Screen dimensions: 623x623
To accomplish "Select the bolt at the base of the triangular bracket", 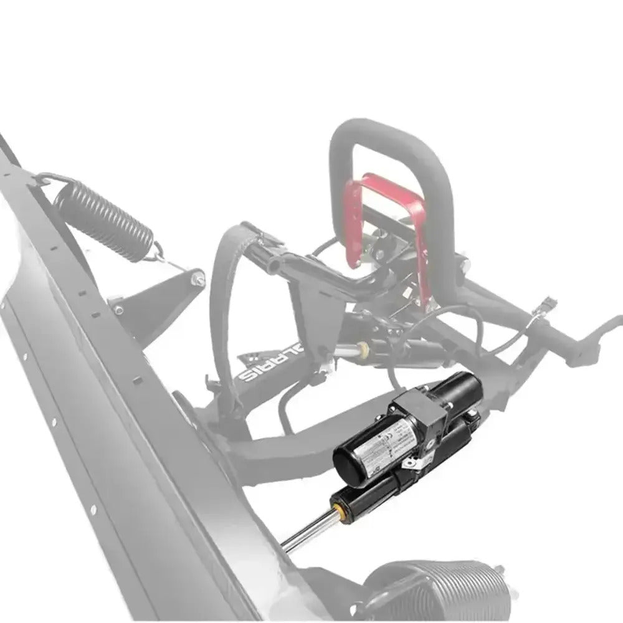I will click(x=118, y=308).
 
